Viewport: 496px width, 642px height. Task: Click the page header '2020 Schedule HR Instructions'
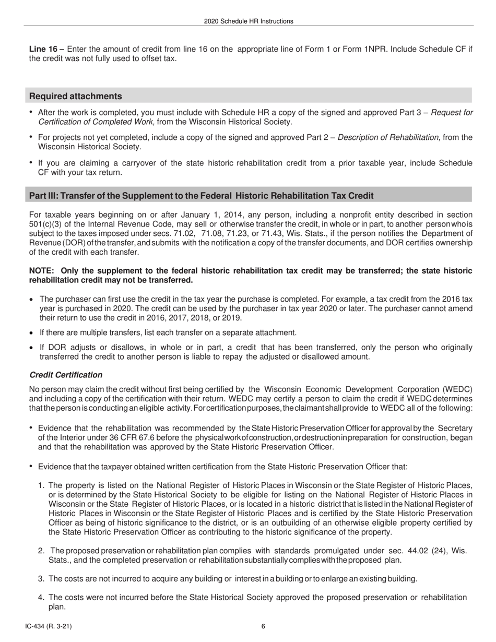(249, 21)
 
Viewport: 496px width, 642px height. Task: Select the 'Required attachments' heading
(76, 96)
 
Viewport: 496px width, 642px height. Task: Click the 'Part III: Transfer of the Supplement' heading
(201, 196)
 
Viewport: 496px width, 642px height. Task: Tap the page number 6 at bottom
(264, 627)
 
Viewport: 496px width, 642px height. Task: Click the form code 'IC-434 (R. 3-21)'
(52, 627)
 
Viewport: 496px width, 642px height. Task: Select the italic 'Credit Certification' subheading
(66, 375)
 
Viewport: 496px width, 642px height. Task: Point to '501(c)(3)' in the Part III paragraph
(45, 224)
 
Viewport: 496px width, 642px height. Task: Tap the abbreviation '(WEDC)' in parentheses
(456, 389)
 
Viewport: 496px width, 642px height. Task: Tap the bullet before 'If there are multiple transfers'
(31, 332)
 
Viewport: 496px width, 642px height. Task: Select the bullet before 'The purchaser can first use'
(31, 299)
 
